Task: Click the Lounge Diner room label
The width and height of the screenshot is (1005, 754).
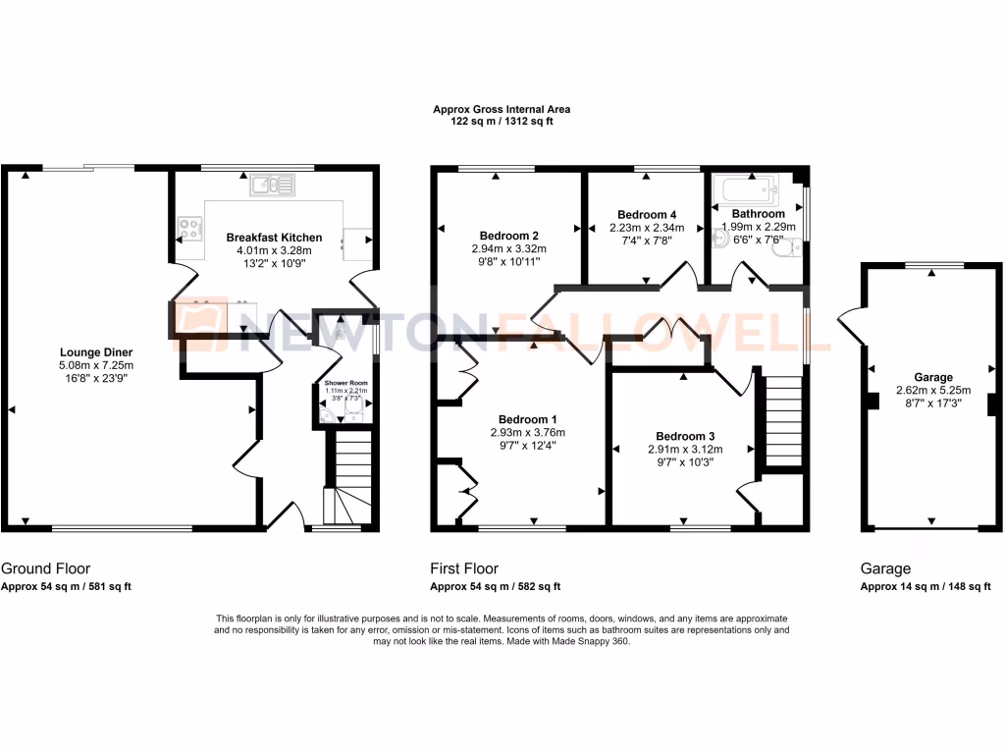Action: coord(96,352)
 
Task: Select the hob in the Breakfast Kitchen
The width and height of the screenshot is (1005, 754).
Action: coord(189,229)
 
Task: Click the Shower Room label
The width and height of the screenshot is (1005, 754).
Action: coord(345,383)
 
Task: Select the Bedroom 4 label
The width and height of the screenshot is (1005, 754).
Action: coord(647,214)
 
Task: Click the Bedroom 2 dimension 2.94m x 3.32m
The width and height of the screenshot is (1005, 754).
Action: coord(508,249)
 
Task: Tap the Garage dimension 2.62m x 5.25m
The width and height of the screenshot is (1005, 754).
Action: coord(932,390)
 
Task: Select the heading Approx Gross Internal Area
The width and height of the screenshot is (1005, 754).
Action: coord(502,110)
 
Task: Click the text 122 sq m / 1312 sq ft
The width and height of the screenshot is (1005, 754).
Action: coord(502,122)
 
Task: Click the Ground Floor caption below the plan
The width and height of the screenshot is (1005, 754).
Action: coord(46,568)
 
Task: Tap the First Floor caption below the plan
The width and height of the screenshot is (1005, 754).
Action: coord(464,568)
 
